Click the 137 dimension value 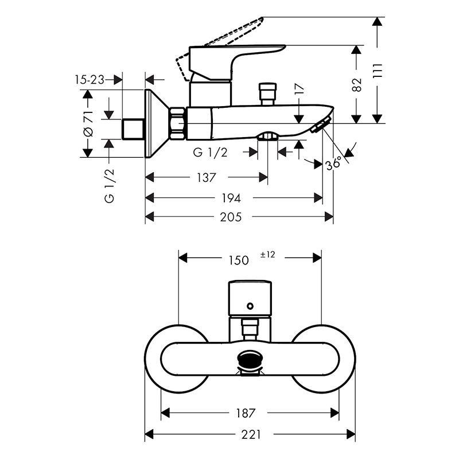pyautogui.click(x=207, y=177)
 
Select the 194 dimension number pyautogui.click(x=231, y=198)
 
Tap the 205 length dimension pyautogui.click(x=231, y=217)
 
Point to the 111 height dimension pyautogui.click(x=378, y=71)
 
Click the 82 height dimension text pyautogui.click(x=357, y=85)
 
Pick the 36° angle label pyautogui.click(x=334, y=163)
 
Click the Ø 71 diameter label pyautogui.click(x=88, y=124)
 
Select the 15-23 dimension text pyautogui.click(x=90, y=80)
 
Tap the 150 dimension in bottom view pyautogui.click(x=239, y=260)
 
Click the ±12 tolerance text pyautogui.click(x=267, y=255)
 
